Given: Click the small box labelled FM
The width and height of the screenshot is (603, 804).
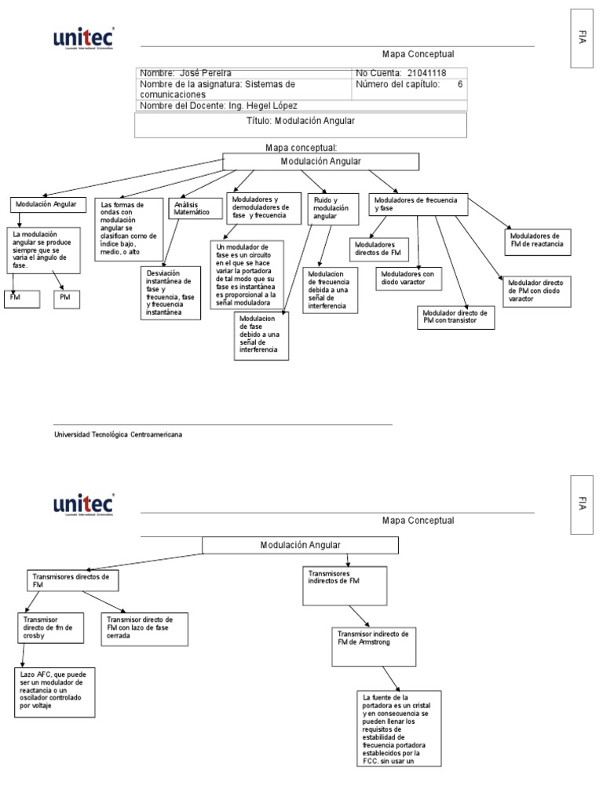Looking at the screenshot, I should tap(20, 300).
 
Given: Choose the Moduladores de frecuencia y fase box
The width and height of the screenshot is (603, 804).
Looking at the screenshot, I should tap(418, 204).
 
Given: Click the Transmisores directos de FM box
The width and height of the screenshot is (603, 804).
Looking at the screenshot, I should tap(75, 581).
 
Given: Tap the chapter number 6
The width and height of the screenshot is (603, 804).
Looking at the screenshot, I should tap(460, 84).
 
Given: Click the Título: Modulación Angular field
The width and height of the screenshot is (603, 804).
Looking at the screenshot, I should tap(301, 122).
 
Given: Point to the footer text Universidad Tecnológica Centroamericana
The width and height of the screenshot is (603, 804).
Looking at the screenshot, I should tap(118, 433).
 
